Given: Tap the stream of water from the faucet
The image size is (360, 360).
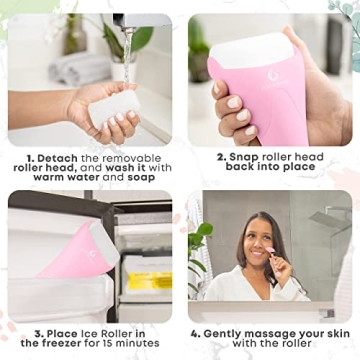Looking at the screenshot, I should point(127,60).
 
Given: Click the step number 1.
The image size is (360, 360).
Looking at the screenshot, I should point(32,158).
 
